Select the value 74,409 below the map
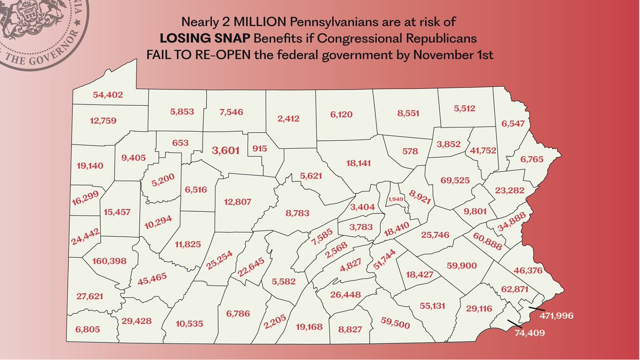coord(531,334)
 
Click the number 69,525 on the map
coord(455,180)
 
